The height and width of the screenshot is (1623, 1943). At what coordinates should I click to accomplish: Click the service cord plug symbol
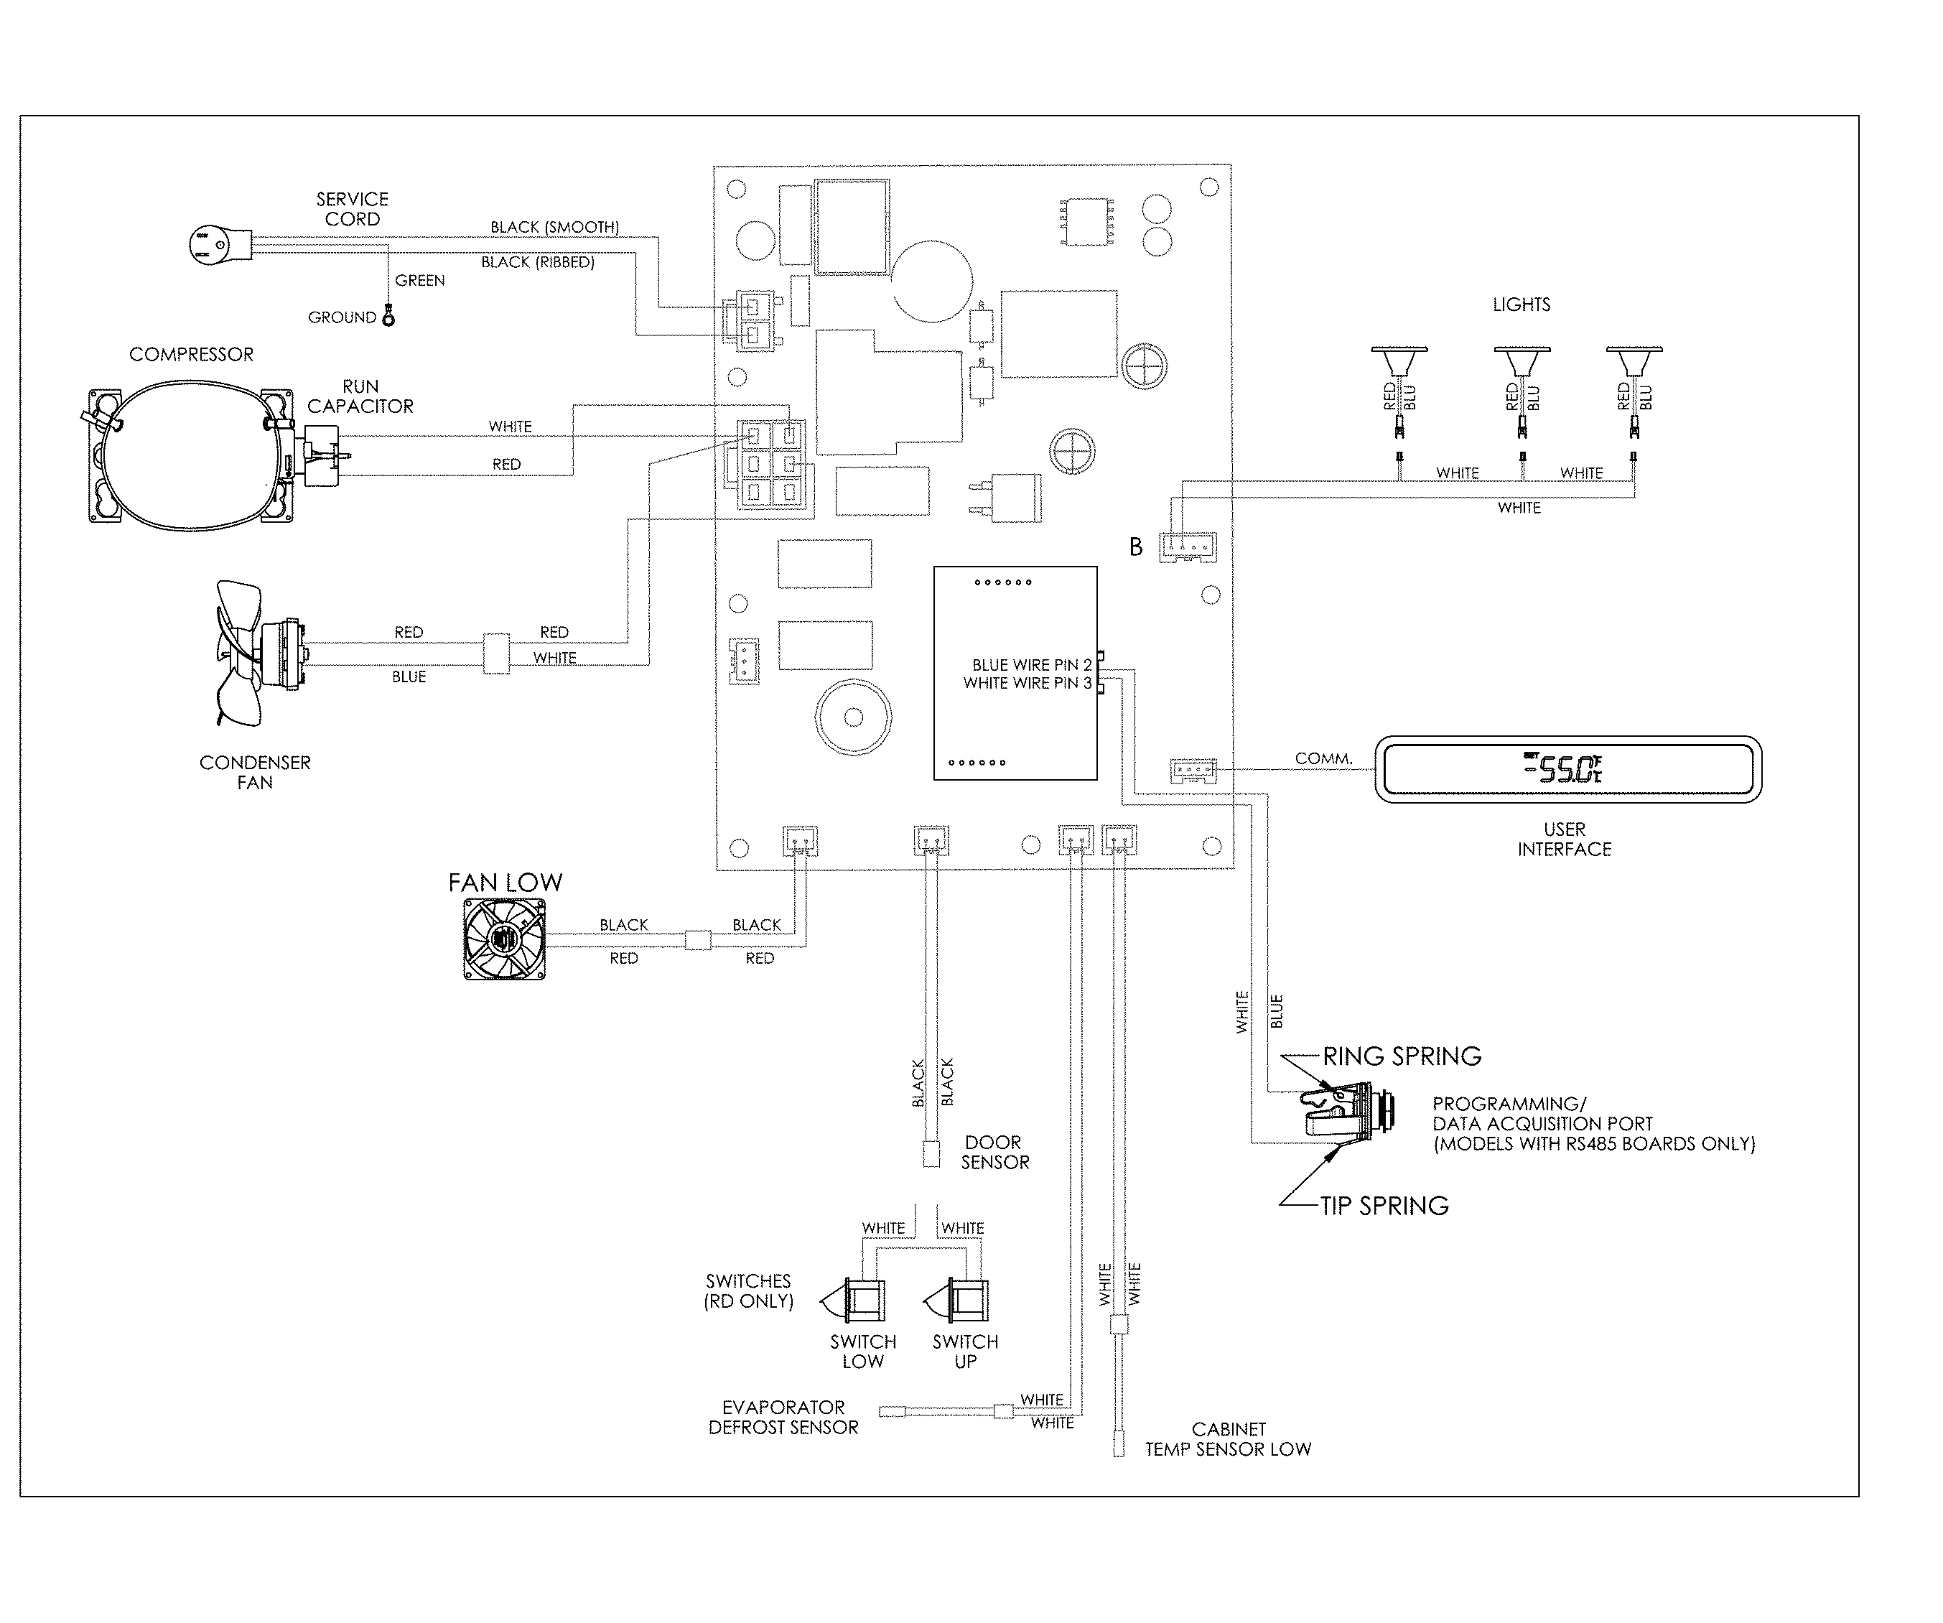click(218, 245)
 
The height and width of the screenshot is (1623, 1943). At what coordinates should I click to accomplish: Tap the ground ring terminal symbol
click(388, 318)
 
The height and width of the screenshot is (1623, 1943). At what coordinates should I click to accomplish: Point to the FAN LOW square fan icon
click(504, 940)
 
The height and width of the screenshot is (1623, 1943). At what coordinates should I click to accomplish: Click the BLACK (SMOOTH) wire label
click(554, 228)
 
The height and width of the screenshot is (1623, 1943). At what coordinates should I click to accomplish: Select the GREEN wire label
click(419, 280)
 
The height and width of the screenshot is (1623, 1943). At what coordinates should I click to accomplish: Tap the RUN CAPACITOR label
click(360, 396)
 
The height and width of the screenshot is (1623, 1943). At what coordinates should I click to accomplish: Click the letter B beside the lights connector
click(1135, 547)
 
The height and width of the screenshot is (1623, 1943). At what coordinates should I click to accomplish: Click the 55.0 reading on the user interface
click(1565, 769)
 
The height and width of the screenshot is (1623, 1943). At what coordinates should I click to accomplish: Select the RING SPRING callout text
click(1402, 1056)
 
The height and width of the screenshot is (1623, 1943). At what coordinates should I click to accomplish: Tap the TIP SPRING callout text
click(1384, 1206)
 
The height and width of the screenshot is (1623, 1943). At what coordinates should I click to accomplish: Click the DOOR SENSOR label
click(994, 1152)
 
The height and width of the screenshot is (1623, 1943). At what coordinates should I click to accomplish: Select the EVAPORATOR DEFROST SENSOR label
click(783, 1417)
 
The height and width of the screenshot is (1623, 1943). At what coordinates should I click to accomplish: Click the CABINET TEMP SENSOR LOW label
click(1228, 1439)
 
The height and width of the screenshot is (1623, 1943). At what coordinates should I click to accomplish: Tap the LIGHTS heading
click(1521, 304)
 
